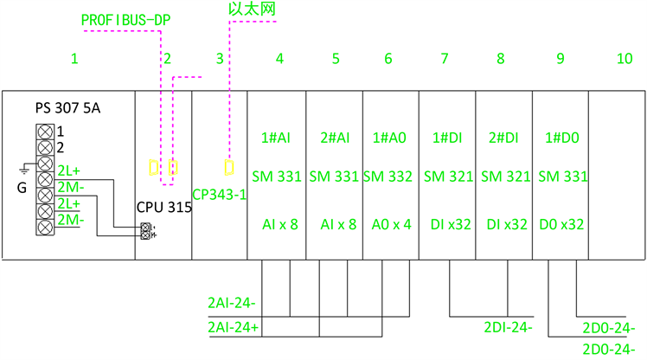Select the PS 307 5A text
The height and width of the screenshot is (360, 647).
[67, 109]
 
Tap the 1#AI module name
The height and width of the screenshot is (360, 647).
[275, 138]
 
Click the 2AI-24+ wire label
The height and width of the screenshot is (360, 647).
[234, 329]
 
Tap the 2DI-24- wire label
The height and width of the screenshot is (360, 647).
[508, 328]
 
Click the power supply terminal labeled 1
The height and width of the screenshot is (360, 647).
[43, 132]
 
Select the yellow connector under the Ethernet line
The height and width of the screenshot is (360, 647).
[228, 165]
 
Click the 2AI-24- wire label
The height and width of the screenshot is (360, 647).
[231, 304]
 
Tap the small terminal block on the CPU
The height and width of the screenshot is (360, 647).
[146, 230]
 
